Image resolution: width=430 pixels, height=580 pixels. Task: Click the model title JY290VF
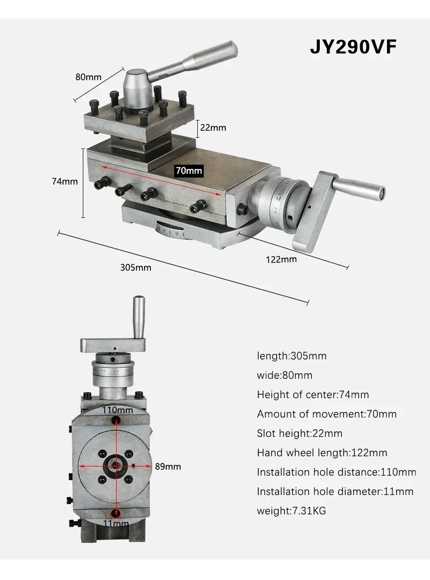point(353,47)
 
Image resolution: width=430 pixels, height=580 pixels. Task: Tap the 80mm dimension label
point(88,77)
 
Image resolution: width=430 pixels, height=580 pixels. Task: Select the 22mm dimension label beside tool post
point(213,128)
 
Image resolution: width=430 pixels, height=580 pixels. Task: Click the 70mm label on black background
point(189,171)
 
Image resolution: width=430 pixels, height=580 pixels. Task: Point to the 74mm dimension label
point(64,181)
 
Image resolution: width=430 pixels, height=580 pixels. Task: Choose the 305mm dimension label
point(135,267)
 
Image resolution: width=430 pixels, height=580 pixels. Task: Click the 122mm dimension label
point(281,259)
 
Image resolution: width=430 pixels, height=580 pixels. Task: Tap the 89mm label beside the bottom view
point(168,466)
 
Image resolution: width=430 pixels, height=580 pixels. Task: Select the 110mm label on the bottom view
point(118,410)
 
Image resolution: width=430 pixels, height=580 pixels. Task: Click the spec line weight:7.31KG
point(291,511)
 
